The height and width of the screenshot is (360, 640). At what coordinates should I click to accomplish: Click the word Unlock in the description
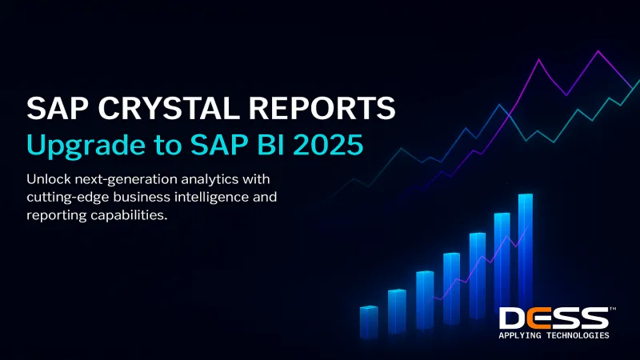coord(48,178)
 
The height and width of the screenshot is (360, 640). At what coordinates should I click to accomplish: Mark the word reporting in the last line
coord(54,217)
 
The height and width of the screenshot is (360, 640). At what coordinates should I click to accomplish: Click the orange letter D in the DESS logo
coord(512,318)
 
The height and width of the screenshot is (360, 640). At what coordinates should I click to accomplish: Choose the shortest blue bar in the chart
coord(368,322)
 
